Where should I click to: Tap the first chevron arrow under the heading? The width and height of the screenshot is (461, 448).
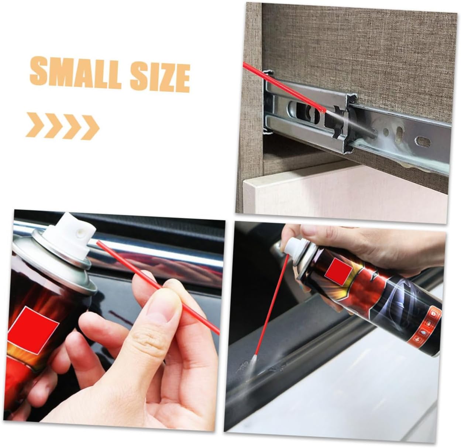35,125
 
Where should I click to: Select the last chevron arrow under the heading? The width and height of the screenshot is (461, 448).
90,127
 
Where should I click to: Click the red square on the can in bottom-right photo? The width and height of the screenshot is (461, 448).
338,271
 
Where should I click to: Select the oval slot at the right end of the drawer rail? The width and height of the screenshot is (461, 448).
424,142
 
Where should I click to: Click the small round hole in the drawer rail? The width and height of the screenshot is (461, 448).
386,132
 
